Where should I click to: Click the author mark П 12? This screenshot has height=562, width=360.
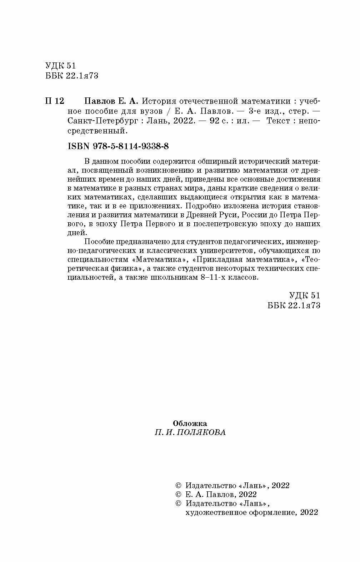[54, 101]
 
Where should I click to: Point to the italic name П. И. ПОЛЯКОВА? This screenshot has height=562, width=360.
[190, 432]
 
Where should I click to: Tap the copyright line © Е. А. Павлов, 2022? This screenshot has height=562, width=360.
[216, 495]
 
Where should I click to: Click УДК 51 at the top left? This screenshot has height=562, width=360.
[61, 66]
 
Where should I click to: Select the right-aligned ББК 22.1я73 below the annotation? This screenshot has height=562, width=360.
[294, 305]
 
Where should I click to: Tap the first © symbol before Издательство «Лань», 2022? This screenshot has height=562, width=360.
[179, 486]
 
